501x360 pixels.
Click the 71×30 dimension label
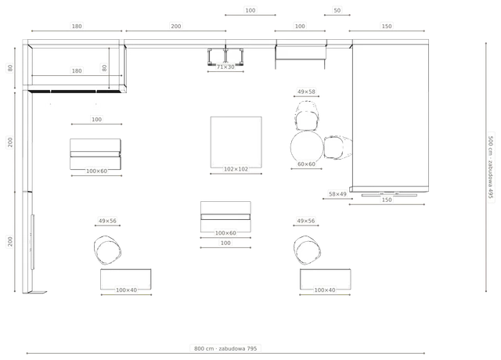click(225, 67)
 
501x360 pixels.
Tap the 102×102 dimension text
click(236, 169)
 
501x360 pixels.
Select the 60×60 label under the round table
click(306, 164)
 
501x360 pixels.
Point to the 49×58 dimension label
click(306, 92)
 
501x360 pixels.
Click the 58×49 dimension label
click(337, 194)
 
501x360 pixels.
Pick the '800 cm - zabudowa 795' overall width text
click(225, 348)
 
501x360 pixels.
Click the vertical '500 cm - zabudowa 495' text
click(491, 167)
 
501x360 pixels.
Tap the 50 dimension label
click(337, 10)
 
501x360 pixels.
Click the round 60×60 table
click(307, 146)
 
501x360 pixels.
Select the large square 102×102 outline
click(236, 142)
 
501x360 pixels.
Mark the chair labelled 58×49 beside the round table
click(338, 147)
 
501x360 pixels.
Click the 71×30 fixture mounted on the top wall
click(225, 56)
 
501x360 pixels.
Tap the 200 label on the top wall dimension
click(176, 26)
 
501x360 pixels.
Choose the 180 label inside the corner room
click(77, 71)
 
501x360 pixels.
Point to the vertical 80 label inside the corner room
click(104, 68)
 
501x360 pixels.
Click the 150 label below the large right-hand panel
click(387, 200)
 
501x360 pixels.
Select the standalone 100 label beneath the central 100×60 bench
click(225, 243)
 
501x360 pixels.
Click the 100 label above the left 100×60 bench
click(96, 120)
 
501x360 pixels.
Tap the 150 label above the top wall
click(387, 26)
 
